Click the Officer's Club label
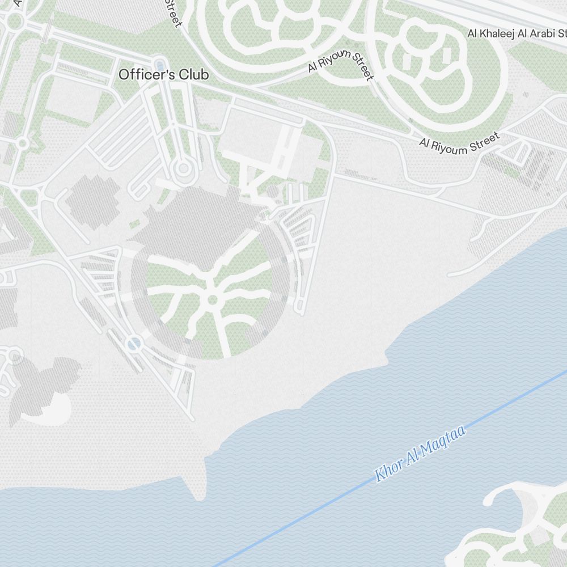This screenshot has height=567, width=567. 163,75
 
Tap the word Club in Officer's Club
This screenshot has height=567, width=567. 193,75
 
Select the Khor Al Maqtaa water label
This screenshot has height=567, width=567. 420,454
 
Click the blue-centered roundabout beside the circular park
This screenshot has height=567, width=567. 134,343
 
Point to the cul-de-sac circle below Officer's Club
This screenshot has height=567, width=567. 183,168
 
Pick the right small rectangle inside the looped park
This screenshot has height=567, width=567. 446,55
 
